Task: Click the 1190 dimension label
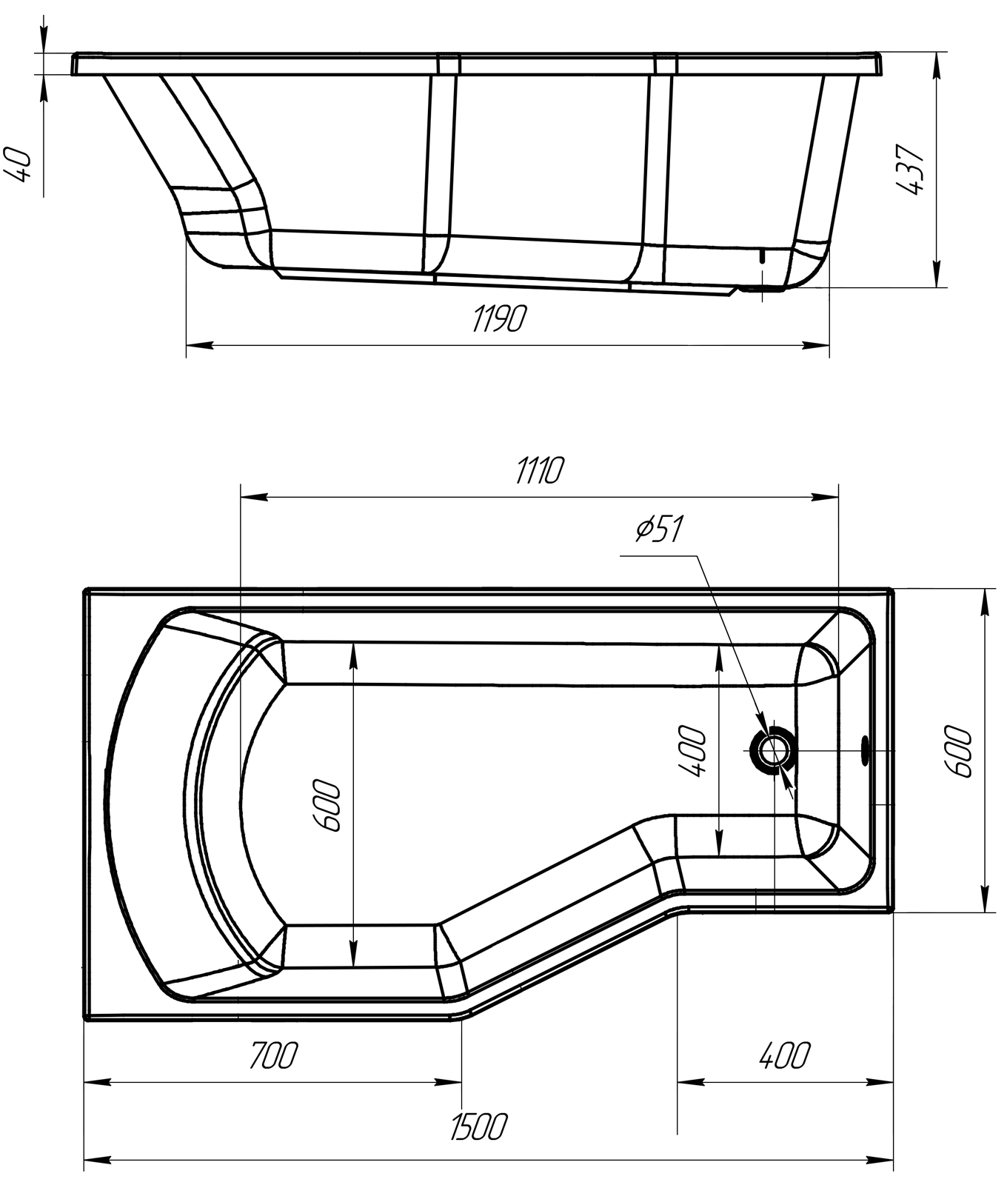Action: [500, 318]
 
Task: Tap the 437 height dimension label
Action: [910, 170]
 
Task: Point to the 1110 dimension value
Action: [540, 470]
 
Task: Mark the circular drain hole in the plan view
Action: [775, 750]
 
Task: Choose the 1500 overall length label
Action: [478, 1126]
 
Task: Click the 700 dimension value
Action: [272, 1055]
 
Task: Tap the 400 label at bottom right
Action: [785, 1055]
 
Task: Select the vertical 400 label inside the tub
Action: [692, 752]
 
